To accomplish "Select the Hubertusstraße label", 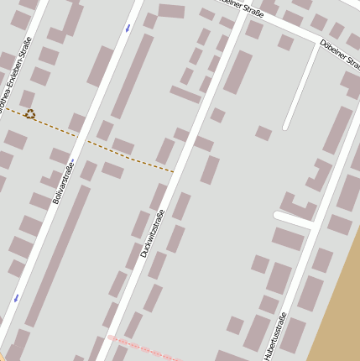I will (274, 336).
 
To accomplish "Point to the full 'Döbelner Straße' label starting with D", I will (339, 52).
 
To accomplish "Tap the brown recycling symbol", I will (30, 114).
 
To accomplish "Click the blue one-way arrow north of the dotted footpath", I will (128, 29).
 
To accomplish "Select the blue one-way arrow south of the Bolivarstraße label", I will (16, 297).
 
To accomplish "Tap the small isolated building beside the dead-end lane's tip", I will (263, 133).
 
